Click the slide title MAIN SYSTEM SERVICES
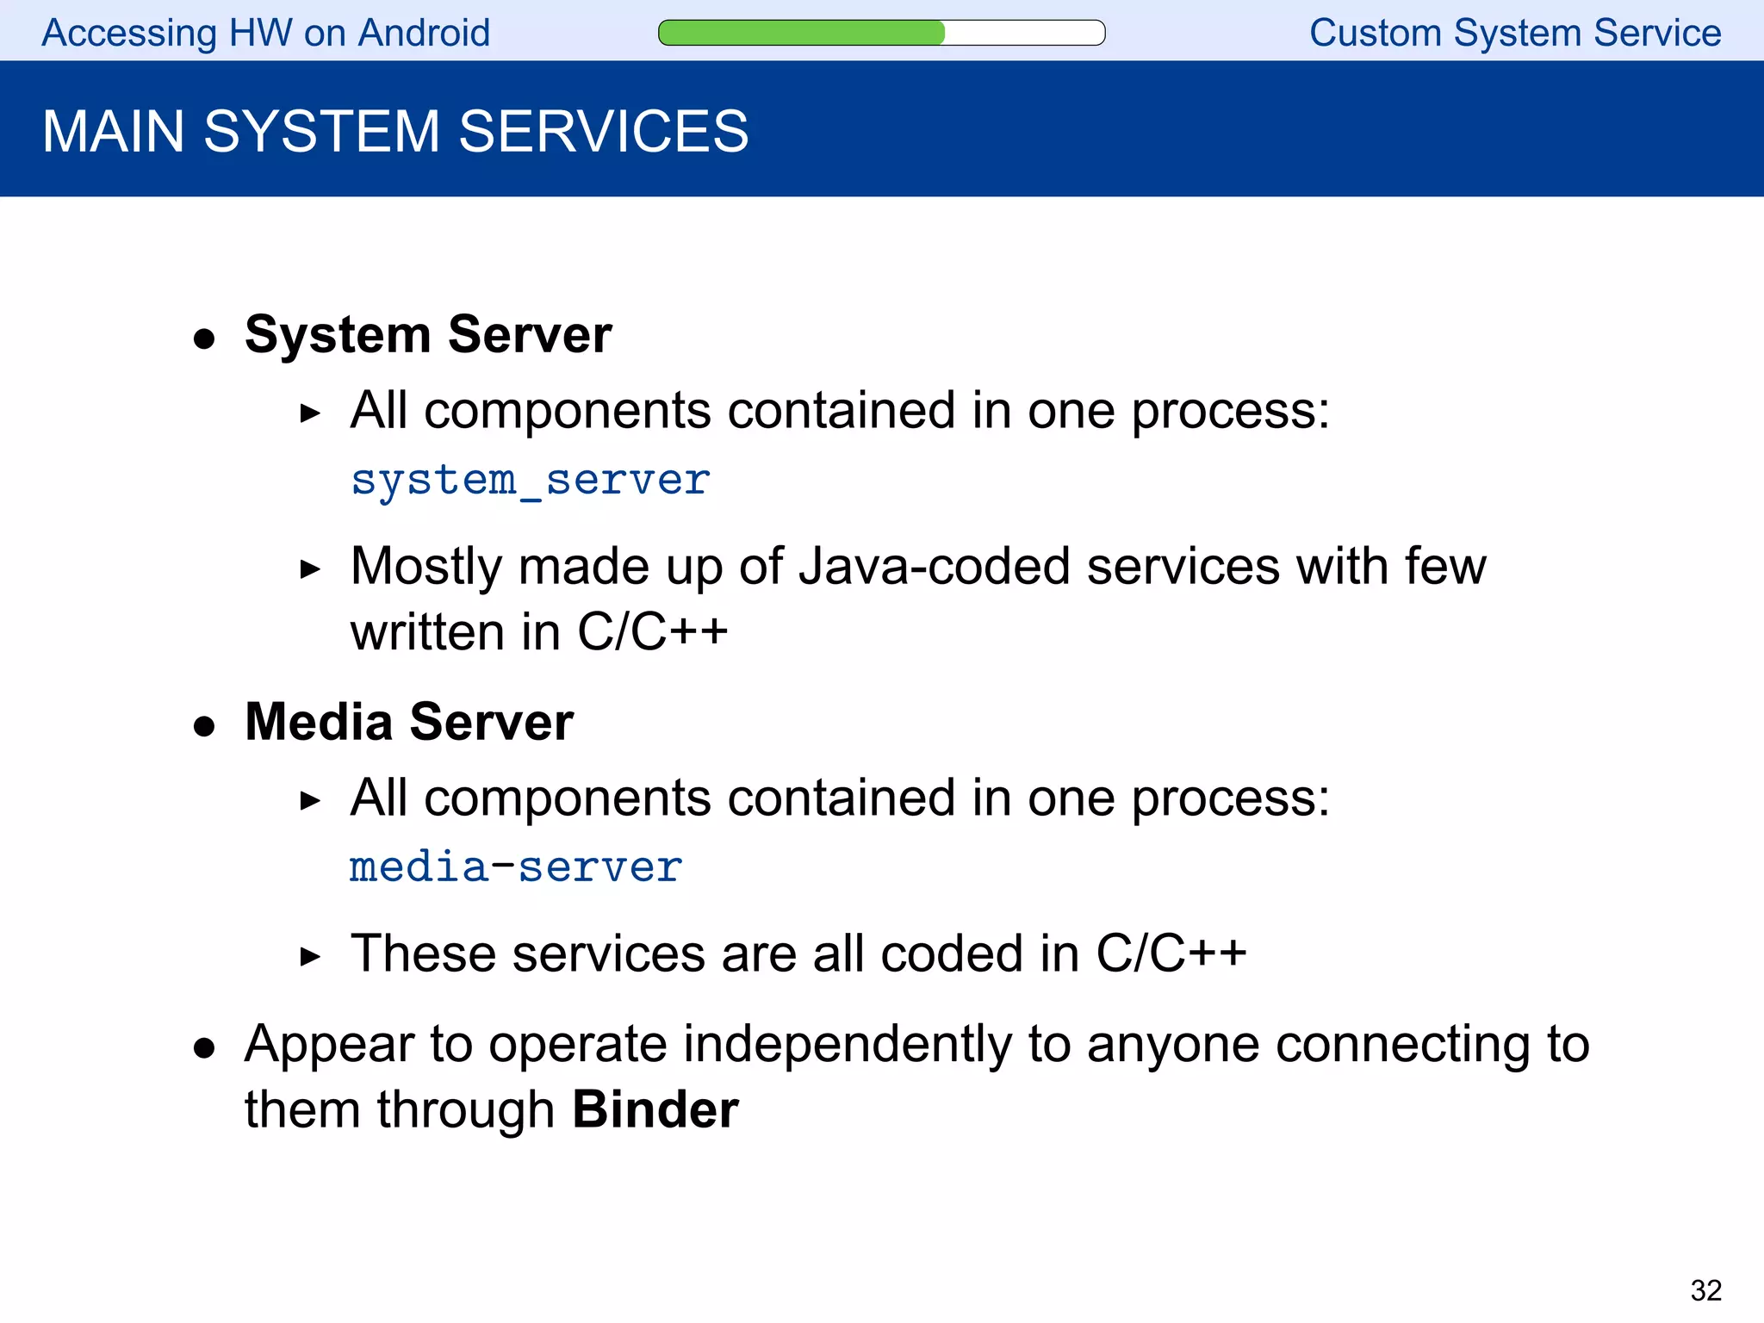pos(395,132)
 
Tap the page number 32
pos(1705,1290)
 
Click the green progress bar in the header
pos(802,33)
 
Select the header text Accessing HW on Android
pos(266,34)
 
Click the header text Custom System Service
pos(1515,34)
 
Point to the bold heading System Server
pos(428,334)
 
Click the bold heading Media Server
pos(409,722)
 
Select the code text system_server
pos(531,481)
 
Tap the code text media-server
pos(516,867)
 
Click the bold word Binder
pos(655,1109)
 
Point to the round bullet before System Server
pos(204,339)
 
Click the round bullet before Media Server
pos(204,726)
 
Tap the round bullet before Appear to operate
pos(204,1048)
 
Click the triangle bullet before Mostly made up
pos(310,569)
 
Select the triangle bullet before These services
pos(310,956)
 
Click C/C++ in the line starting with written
pos(652,632)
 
